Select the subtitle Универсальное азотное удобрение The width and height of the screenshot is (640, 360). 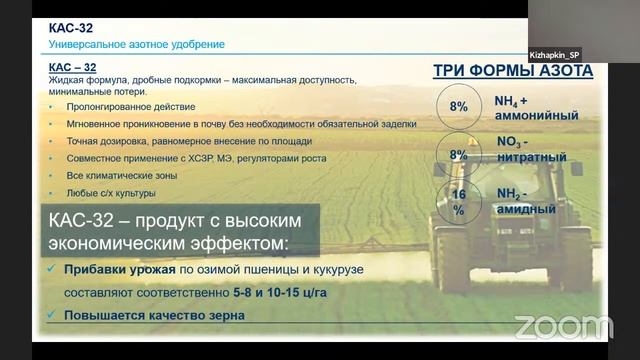(137, 45)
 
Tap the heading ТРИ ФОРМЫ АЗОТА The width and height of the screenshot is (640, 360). (512, 71)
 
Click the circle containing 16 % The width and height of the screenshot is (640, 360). (459, 202)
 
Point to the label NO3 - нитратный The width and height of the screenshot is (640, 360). (532, 150)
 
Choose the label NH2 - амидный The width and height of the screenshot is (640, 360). (526, 201)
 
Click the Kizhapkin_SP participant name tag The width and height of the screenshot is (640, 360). (555, 55)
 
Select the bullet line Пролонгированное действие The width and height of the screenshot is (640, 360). (131, 106)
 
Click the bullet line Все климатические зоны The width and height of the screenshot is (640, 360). (121, 175)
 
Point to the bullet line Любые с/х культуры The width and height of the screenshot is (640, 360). (111, 193)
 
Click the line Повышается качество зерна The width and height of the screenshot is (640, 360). (154, 317)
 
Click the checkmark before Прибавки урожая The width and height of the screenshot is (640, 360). (52, 270)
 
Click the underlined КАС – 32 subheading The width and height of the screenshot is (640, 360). (73, 67)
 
